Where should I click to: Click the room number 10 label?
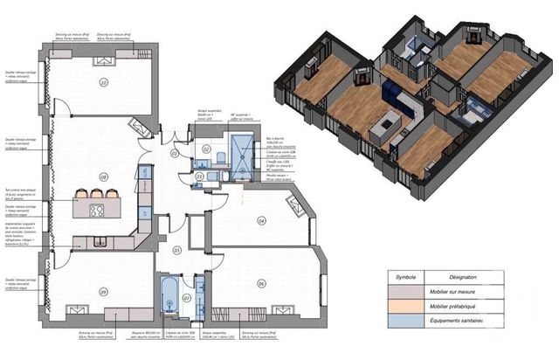click(x=104, y=84)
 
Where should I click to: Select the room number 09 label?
click(x=103, y=292)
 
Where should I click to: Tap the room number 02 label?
click(x=207, y=149)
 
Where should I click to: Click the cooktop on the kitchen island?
click(x=95, y=211)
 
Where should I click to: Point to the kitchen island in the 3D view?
click(x=382, y=130)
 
